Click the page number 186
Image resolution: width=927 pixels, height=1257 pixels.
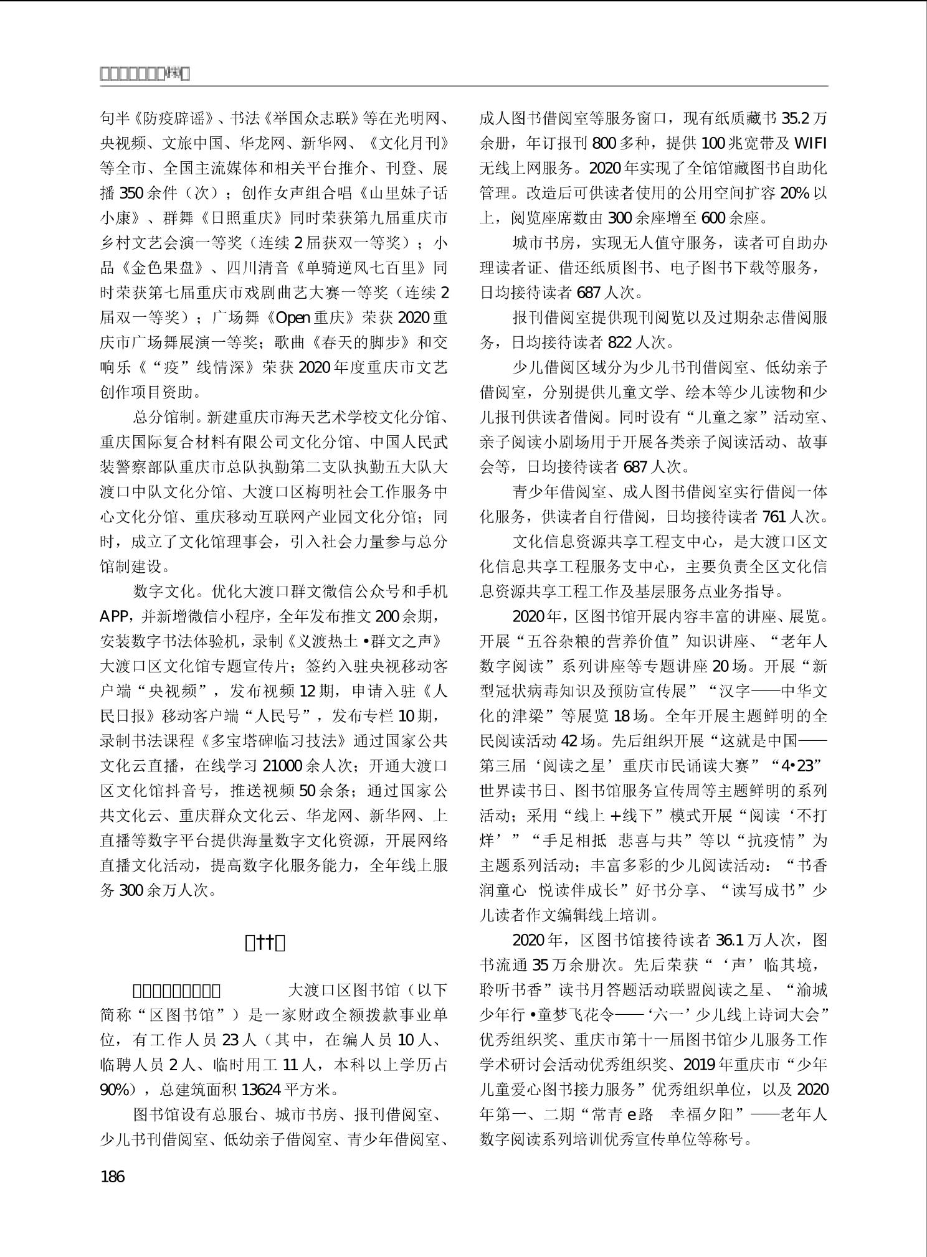pos(112,1176)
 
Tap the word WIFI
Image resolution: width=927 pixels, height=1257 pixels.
pos(811,143)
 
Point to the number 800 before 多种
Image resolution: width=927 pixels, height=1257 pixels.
pos(604,143)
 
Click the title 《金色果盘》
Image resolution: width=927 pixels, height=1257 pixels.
pos(163,268)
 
